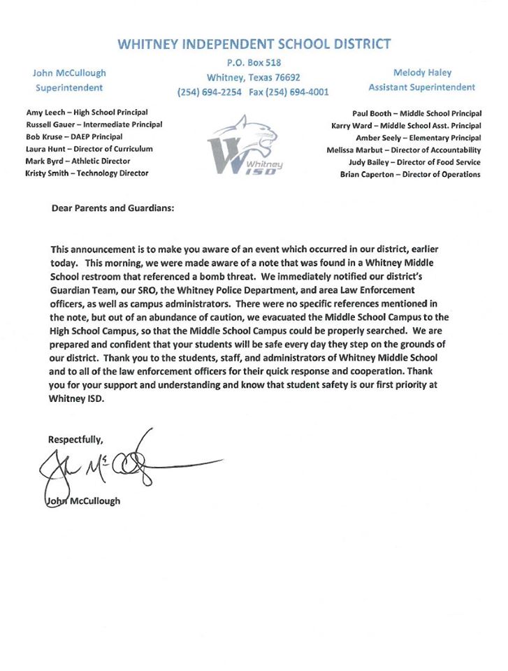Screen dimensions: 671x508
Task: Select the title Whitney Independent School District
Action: (254, 44)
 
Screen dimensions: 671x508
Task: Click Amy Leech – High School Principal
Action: (87, 112)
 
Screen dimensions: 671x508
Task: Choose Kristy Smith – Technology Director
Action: (87, 173)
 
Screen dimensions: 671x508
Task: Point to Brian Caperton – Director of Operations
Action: (410, 174)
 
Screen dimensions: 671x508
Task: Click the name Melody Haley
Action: (422, 73)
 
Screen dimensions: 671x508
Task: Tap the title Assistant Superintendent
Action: (422, 87)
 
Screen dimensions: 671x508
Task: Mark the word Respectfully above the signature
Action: (75, 440)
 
